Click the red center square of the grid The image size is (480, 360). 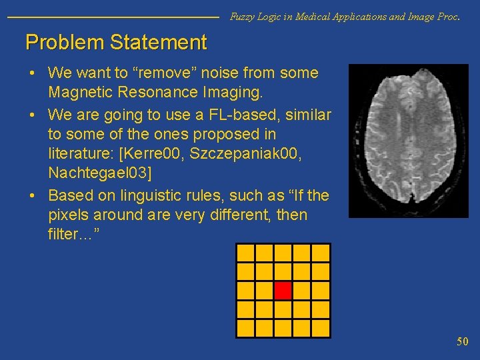[283, 291]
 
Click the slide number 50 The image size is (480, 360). [463, 341]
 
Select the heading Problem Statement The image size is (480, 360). [116, 43]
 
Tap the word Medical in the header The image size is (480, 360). [297, 17]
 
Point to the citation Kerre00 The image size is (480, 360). [154, 155]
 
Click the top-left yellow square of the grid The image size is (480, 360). [246, 253]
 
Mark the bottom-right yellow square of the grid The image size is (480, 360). [321, 328]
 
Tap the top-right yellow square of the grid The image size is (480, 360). [321, 253]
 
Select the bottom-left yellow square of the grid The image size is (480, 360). [246, 328]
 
